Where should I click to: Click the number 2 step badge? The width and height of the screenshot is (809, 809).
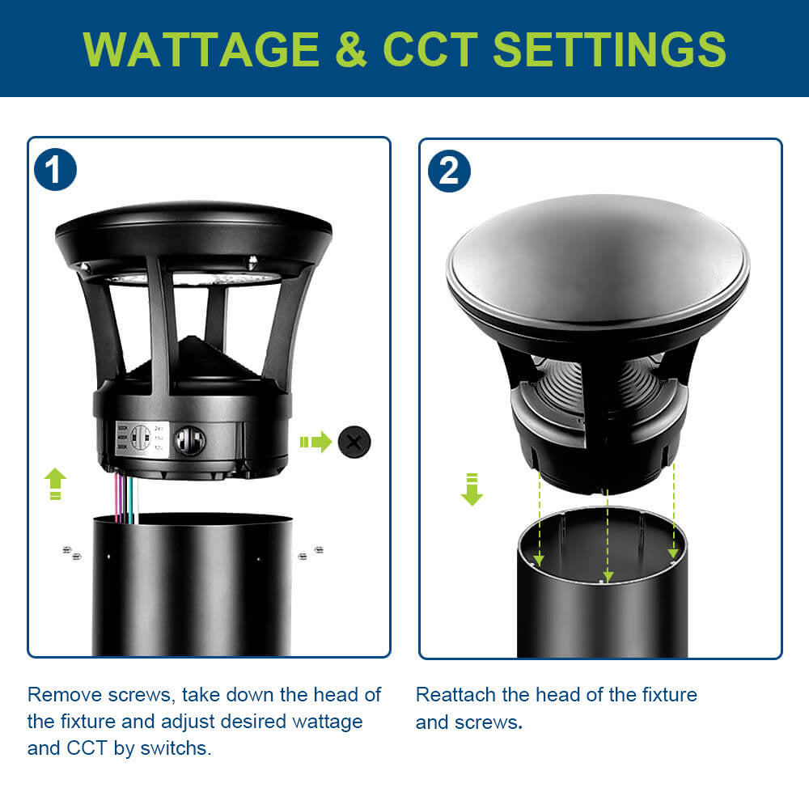pos(449,171)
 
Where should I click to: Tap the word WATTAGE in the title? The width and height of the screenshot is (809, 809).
pos(201,49)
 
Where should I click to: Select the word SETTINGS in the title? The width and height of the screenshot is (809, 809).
pos(609,49)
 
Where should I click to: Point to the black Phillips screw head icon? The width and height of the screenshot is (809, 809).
pos(354,442)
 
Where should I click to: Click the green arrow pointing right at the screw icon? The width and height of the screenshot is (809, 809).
pos(316,442)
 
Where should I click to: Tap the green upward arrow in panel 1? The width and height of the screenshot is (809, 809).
pos(55,483)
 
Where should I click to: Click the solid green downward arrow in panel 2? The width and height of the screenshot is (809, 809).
pos(471,490)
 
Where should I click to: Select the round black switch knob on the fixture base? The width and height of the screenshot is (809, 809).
pos(190,441)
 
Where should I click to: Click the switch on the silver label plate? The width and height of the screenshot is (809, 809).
pos(139,438)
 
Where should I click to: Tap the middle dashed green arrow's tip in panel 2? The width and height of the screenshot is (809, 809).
pos(608,578)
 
